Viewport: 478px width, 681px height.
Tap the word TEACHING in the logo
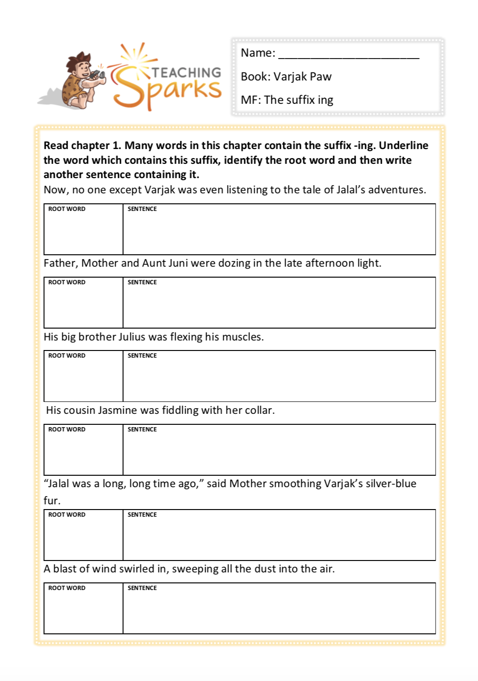(x=186, y=72)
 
